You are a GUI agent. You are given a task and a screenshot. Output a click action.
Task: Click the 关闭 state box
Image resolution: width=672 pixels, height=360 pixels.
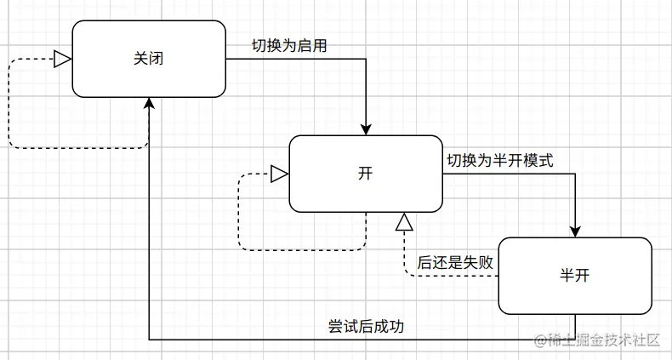point(149,58)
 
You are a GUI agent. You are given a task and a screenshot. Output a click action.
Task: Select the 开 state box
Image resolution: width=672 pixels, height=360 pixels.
point(365,174)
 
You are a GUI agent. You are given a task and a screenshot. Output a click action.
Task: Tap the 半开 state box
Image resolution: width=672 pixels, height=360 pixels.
point(575,276)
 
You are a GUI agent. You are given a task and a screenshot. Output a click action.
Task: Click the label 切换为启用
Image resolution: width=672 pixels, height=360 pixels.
point(289,45)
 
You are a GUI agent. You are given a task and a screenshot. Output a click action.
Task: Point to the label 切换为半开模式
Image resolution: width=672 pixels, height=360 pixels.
point(500,160)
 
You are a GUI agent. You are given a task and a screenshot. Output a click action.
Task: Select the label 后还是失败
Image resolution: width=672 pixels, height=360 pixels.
point(455,263)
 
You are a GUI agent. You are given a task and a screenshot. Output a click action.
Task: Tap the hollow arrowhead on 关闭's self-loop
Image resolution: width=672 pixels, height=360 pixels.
point(62,59)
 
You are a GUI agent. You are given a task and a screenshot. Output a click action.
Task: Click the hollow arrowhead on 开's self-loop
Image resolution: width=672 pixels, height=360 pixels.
point(279,174)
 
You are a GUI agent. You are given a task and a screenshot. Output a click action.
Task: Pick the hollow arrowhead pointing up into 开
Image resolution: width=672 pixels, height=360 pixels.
point(404,222)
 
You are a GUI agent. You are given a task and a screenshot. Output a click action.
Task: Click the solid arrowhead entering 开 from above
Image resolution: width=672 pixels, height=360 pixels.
point(366,128)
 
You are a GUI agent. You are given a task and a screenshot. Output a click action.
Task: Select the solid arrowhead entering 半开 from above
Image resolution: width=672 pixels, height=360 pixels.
point(575,230)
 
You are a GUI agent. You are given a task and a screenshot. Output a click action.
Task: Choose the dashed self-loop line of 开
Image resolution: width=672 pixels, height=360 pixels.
point(239,213)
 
